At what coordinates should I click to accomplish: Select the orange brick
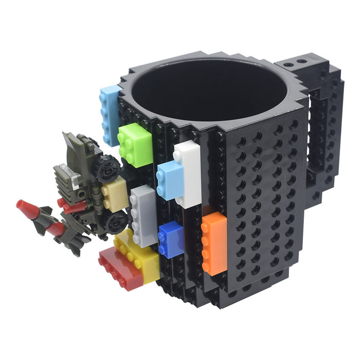(x=214, y=243)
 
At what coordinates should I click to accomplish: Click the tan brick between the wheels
(x=114, y=194)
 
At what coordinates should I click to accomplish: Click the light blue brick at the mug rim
(x=110, y=114)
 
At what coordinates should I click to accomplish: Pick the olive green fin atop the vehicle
(x=72, y=143)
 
